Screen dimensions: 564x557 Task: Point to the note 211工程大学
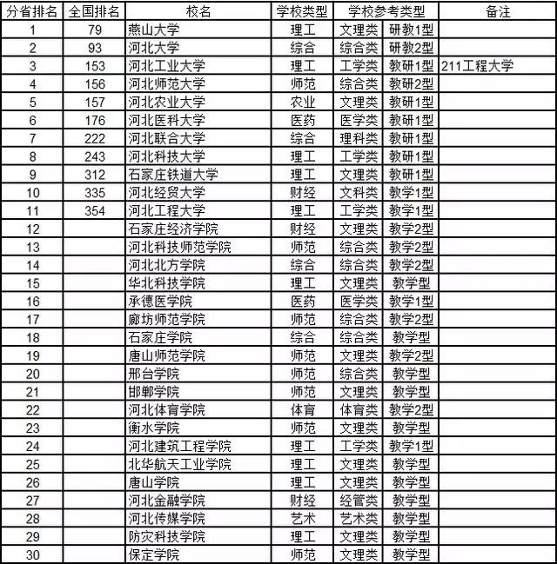(478, 66)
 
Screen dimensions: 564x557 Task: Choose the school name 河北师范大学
(166, 83)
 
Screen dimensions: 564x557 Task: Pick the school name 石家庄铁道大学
(172, 174)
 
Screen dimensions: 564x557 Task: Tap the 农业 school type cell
(303, 102)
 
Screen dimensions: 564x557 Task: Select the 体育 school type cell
(303, 409)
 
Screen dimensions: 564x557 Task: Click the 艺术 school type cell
(303, 518)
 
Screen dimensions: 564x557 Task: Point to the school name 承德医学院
(160, 301)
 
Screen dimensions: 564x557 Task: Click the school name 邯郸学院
(154, 391)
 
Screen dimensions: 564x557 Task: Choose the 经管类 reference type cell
(359, 500)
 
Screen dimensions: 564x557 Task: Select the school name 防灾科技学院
(166, 536)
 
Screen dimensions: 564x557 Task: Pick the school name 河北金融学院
(166, 500)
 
